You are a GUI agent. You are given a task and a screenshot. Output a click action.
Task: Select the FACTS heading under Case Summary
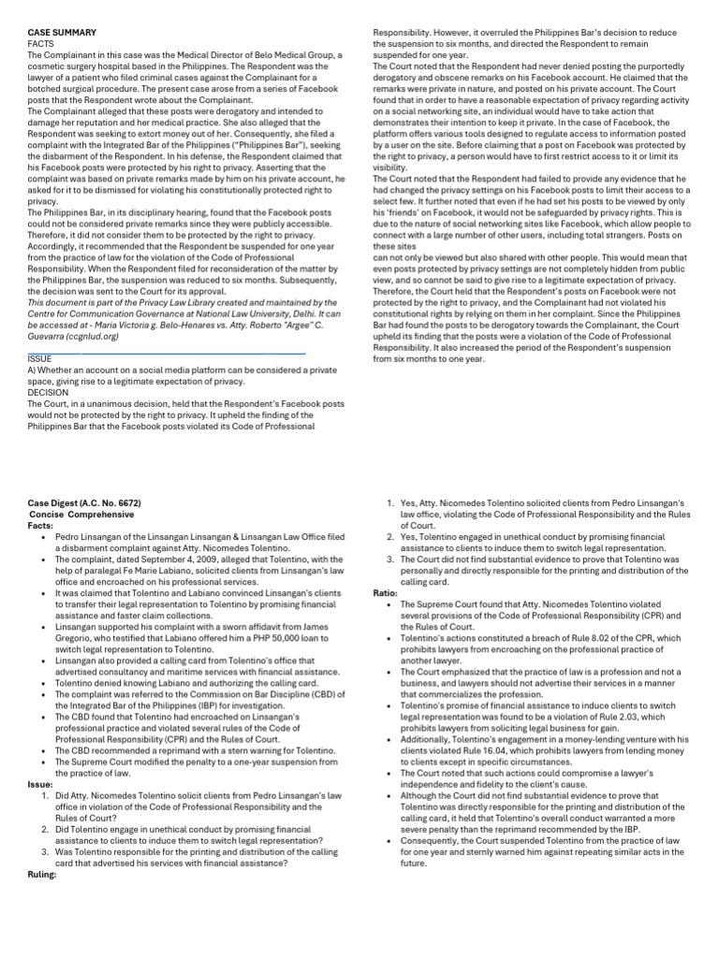[40, 43]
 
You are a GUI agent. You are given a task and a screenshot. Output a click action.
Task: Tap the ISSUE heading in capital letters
[40, 358]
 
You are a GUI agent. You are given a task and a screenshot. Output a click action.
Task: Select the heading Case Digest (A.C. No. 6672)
[84, 502]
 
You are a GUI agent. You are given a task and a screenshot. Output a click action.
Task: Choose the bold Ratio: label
[386, 592]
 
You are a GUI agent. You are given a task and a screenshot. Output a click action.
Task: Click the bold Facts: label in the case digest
[41, 525]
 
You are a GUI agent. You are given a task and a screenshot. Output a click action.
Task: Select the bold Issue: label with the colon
[40, 784]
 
